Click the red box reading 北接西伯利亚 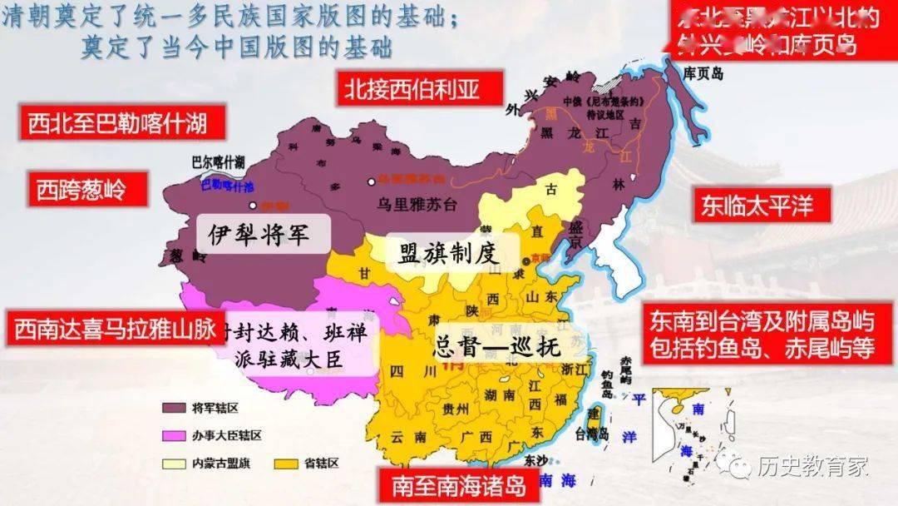tap(420, 88)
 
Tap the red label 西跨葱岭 tap(81, 190)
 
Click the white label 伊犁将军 tap(259, 234)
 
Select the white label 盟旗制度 tap(448, 254)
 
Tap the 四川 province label tap(404, 370)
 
